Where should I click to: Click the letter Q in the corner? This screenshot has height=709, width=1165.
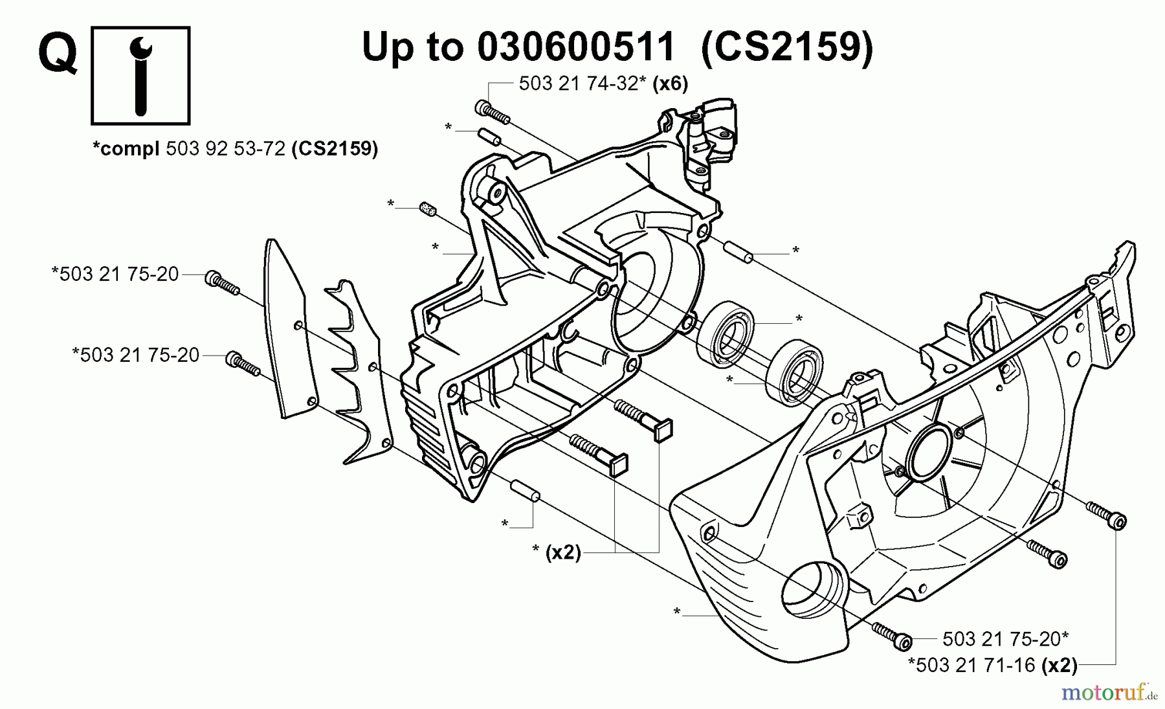coord(58,53)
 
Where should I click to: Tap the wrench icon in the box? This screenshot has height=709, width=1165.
coord(140,74)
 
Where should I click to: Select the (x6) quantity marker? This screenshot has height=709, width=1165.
coord(670,84)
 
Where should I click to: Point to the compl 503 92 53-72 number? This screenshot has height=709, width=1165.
coord(226,149)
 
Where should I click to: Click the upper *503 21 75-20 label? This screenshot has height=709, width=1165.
coord(115,275)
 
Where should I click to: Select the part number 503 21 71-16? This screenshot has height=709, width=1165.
coord(971,665)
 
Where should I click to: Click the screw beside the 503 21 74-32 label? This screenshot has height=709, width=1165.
coord(493,113)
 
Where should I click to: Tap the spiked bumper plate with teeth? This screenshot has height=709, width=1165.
coord(359,372)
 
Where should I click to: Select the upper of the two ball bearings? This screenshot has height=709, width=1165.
coord(725,335)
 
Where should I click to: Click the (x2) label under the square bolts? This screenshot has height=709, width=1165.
coord(563,552)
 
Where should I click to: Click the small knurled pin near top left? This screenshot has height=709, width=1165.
coord(427,210)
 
